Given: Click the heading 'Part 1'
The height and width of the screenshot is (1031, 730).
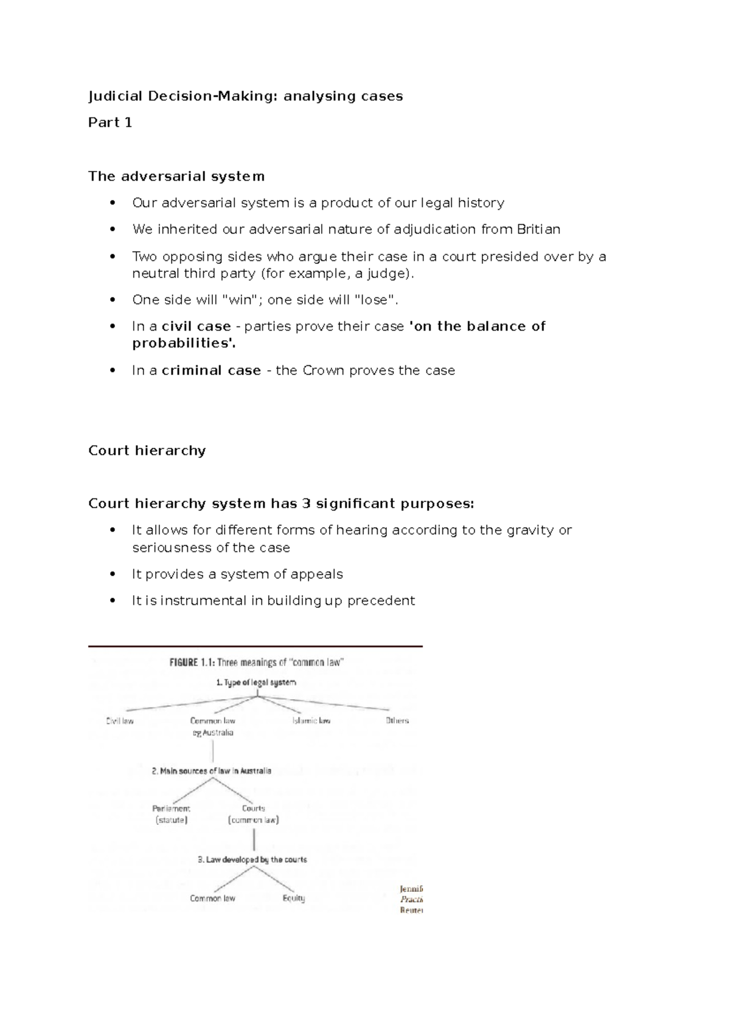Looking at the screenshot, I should (x=110, y=123).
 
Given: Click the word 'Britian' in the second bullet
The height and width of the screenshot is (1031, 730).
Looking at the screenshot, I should (x=538, y=229).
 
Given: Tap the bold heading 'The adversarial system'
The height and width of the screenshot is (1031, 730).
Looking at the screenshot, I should (x=176, y=176).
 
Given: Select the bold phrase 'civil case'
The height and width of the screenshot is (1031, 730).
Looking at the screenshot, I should (x=196, y=326).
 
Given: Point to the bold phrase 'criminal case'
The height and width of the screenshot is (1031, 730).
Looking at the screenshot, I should (x=211, y=371).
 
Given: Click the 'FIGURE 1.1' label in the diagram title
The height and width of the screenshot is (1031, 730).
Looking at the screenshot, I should (x=191, y=663).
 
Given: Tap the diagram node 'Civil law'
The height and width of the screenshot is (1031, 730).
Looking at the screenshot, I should (x=120, y=721).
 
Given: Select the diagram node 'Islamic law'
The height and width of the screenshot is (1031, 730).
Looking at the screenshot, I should (x=311, y=721).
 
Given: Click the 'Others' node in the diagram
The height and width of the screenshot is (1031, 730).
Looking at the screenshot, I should (x=397, y=721).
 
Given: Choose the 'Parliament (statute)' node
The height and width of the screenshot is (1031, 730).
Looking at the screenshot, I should (x=171, y=815).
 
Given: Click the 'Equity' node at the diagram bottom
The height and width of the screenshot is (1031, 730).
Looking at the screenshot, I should (x=294, y=898).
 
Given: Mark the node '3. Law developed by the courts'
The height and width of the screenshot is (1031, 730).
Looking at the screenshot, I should (x=252, y=860).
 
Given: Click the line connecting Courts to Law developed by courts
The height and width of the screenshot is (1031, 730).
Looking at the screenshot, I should (x=254, y=840).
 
